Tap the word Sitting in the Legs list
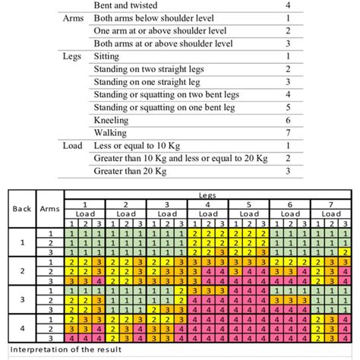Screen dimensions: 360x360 tap(106, 56)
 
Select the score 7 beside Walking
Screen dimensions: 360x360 tap(288, 133)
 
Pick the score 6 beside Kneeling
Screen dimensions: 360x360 tap(288, 120)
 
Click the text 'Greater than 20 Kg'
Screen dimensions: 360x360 tap(132, 172)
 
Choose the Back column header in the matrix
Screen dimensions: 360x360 tap(21, 209)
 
